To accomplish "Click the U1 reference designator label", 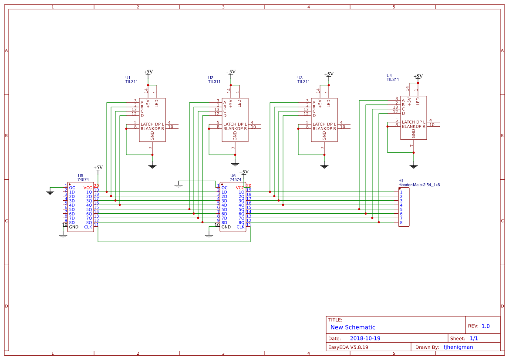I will pyautogui.click(x=128, y=78).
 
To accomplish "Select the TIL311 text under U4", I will pyautogui.click(x=393, y=80).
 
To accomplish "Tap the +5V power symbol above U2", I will pyautogui.click(x=231, y=72).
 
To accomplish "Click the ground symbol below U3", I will pyautogui.click(x=324, y=166).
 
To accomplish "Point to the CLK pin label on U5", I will pyautogui.click(x=88, y=227).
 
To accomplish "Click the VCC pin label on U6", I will pyautogui.click(x=240, y=188).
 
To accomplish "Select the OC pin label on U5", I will pyautogui.click(x=72, y=188).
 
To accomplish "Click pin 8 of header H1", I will pyautogui.click(x=401, y=223).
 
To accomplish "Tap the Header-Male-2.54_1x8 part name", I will pyautogui.click(x=419, y=185).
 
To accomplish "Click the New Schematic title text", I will pyautogui.click(x=353, y=327).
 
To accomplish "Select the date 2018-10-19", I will pyautogui.click(x=365, y=338).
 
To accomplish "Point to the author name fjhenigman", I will pyautogui.click(x=458, y=347).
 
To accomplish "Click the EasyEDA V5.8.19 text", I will pyautogui.click(x=348, y=347).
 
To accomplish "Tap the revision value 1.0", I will pyautogui.click(x=485, y=326).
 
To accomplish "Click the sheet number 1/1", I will pyautogui.click(x=474, y=338).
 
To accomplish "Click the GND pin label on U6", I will pyautogui.click(x=226, y=227).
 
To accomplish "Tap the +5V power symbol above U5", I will pyautogui.click(x=98, y=168).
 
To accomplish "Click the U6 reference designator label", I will pyautogui.click(x=233, y=175).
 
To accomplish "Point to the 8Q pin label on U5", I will pyautogui.click(x=89, y=222).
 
